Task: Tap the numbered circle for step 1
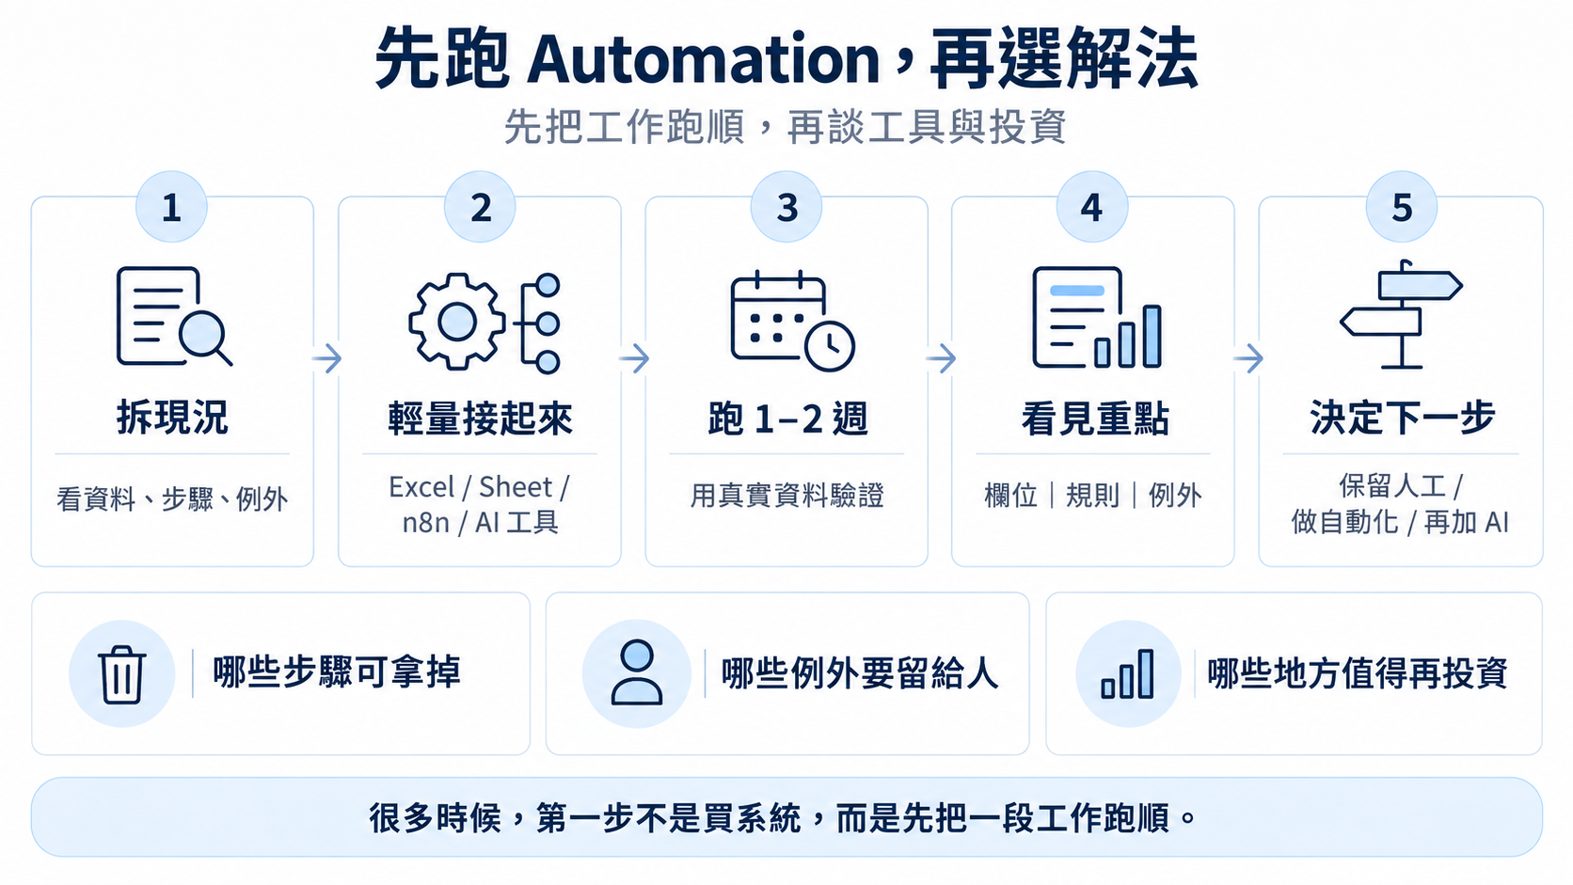click(171, 207)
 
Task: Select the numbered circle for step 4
click(1092, 207)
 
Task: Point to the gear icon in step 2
click(457, 322)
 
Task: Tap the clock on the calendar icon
click(830, 345)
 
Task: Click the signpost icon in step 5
click(1401, 314)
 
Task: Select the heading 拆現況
click(173, 418)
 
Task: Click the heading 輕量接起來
click(481, 419)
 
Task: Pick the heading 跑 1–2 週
click(787, 419)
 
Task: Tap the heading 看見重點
click(1095, 419)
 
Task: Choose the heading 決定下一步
click(1403, 418)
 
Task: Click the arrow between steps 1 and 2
click(327, 358)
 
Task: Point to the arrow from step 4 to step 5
click(1247, 358)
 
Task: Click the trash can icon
click(122, 673)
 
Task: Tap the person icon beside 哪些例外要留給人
click(637, 672)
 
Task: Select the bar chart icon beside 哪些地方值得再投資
click(1128, 673)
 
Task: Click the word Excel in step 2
click(421, 487)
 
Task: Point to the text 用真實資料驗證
click(787, 496)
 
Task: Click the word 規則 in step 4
click(1092, 496)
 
